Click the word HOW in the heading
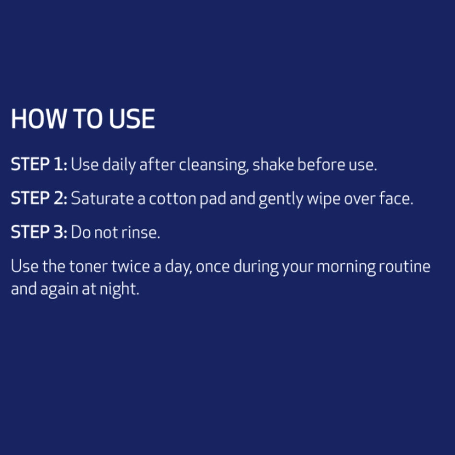[39, 119]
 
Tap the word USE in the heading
[132, 119]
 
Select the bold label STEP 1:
[39, 164]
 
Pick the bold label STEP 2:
[39, 198]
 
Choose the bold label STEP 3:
[39, 232]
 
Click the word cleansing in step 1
[214, 165]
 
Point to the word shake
[273, 164]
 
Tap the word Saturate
[102, 198]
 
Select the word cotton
[172, 199]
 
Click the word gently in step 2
[281, 199]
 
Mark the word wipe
[323, 200]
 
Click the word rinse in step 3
[140, 232]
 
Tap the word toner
[89, 267]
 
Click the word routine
[405, 266]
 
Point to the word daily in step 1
[119, 165]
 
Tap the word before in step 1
[321, 164]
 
